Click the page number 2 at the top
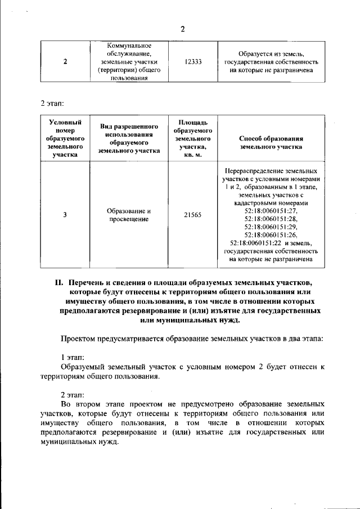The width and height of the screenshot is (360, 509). (183, 30)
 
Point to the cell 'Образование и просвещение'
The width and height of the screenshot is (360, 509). (129, 214)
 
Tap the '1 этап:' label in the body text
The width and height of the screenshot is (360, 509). (73, 357)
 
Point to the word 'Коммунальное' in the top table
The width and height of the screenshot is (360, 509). (129, 46)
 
